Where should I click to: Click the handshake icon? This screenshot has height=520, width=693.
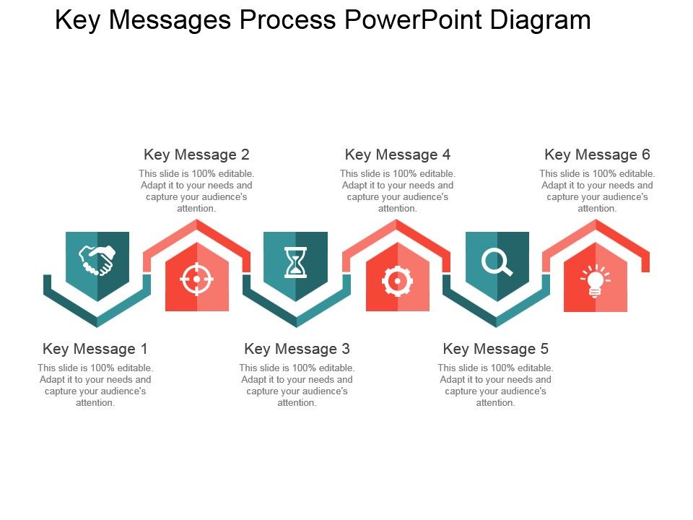[x=97, y=261]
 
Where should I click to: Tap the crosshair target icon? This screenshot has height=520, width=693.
[x=196, y=279]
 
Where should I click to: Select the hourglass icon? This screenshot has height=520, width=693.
[x=295, y=261]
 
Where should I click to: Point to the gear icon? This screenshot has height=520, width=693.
[x=397, y=281]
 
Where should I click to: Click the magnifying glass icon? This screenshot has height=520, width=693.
[x=497, y=261]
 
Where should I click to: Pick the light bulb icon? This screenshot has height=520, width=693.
[x=596, y=280]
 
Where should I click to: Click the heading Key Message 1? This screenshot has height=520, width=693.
[x=95, y=349]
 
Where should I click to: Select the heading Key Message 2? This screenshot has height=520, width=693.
[x=196, y=155]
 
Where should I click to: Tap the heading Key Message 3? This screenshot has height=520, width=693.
[x=297, y=349]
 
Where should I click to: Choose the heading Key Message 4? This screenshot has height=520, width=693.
[x=398, y=155]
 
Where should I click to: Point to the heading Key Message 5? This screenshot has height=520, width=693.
[x=496, y=349]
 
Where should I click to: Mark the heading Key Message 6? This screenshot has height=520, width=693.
[x=597, y=155]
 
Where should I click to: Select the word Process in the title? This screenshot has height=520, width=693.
[x=287, y=20]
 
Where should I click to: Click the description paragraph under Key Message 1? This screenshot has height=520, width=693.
[x=95, y=386]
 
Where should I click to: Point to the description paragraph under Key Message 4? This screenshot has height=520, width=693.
[x=398, y=191]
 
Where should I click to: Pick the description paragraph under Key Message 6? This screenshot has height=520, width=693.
[x=597, y=191]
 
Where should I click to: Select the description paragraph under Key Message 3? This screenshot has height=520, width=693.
[x=297, y=386]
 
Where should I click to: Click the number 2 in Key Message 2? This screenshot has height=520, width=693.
[x=245, y=155]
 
